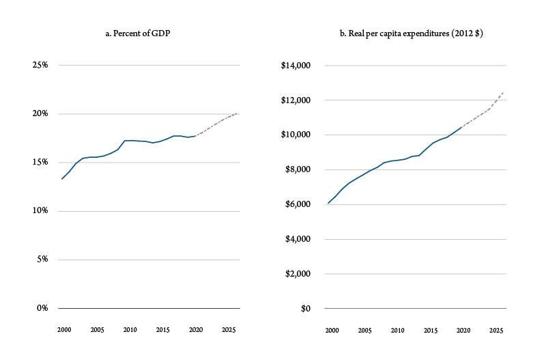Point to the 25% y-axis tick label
[40, 66]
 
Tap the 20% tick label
[40, 114]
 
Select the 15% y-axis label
[40, 163]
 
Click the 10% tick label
[40, 211]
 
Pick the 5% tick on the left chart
[42, 260]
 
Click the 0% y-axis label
[42, 308]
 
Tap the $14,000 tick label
[295, 66]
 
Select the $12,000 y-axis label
[295, 100]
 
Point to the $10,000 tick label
[295, 135]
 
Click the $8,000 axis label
[297, 170]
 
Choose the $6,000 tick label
[297, 204]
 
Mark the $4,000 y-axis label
[297, 239]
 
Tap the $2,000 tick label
[297, 274]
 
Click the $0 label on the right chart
[304, 309]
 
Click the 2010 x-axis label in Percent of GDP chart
[129, 331]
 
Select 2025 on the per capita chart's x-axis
[495, 331]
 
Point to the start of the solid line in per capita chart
[328, 203]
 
